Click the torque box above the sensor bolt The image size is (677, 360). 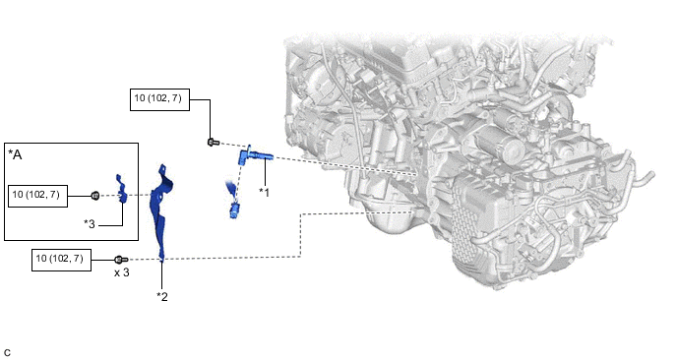159,99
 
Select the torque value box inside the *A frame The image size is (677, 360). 38,196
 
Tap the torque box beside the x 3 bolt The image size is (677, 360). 61,260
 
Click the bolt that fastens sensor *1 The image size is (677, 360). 213,142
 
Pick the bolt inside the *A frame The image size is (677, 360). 95,196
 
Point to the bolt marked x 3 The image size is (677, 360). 120,260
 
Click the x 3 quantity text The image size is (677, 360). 122,273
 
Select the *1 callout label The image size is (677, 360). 264,193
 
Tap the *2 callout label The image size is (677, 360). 162,296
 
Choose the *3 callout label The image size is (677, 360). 90,224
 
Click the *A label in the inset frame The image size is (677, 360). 15,155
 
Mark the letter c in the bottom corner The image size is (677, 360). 7,353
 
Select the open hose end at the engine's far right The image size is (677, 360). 650,176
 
